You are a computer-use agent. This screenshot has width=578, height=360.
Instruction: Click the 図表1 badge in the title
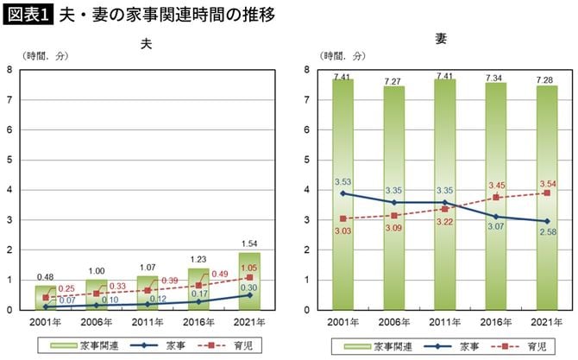(28, 15)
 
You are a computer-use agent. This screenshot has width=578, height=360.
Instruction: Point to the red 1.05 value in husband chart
(250, 268)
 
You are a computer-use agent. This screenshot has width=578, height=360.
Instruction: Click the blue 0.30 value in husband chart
(250, 287)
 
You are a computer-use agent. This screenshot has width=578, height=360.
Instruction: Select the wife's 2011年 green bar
(443, 194)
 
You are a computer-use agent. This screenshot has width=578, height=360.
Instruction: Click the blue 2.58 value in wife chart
(545, 234)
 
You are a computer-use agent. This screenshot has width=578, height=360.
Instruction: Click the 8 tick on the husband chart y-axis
(9, 69)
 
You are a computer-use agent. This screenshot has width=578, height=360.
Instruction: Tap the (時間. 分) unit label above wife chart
(343, 56)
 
